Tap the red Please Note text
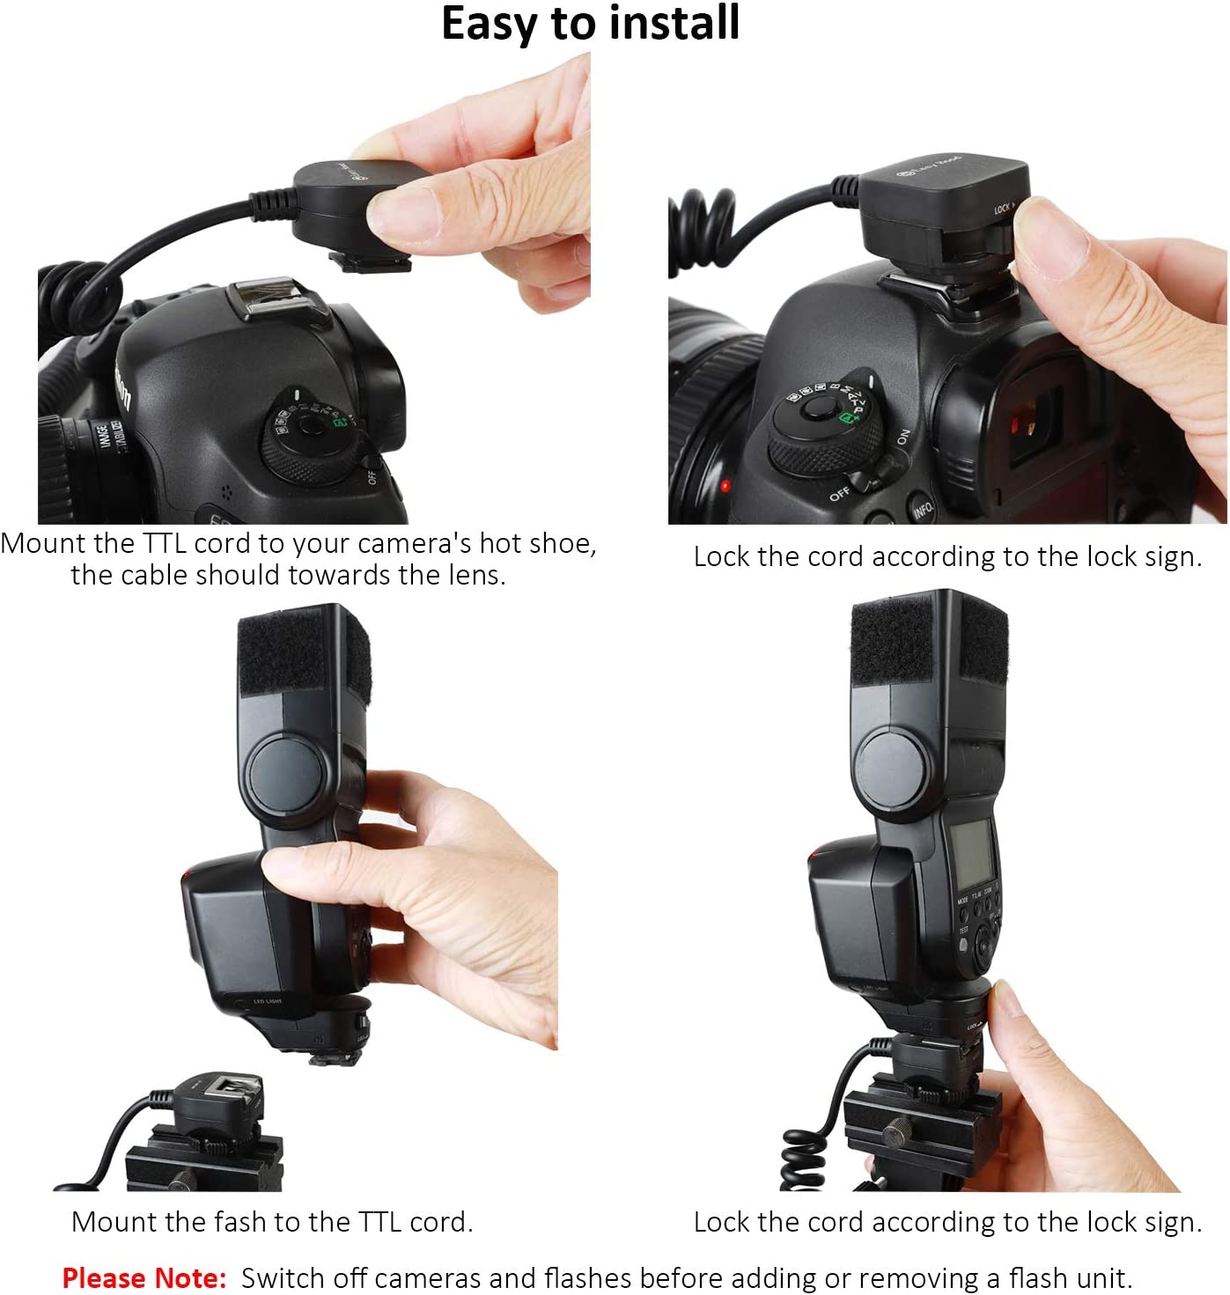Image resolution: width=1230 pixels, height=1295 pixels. point(144,1277)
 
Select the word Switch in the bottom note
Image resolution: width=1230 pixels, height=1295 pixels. point(280,1277)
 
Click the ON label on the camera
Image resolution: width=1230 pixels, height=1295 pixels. point(902,437)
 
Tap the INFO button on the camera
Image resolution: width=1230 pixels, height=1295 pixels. point(923,508)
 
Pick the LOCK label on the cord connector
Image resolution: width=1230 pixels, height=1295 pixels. point(1003,208)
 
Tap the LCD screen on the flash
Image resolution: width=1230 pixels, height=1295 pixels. point(972,853)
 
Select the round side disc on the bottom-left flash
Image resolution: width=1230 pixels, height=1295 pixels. point(287,773)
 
